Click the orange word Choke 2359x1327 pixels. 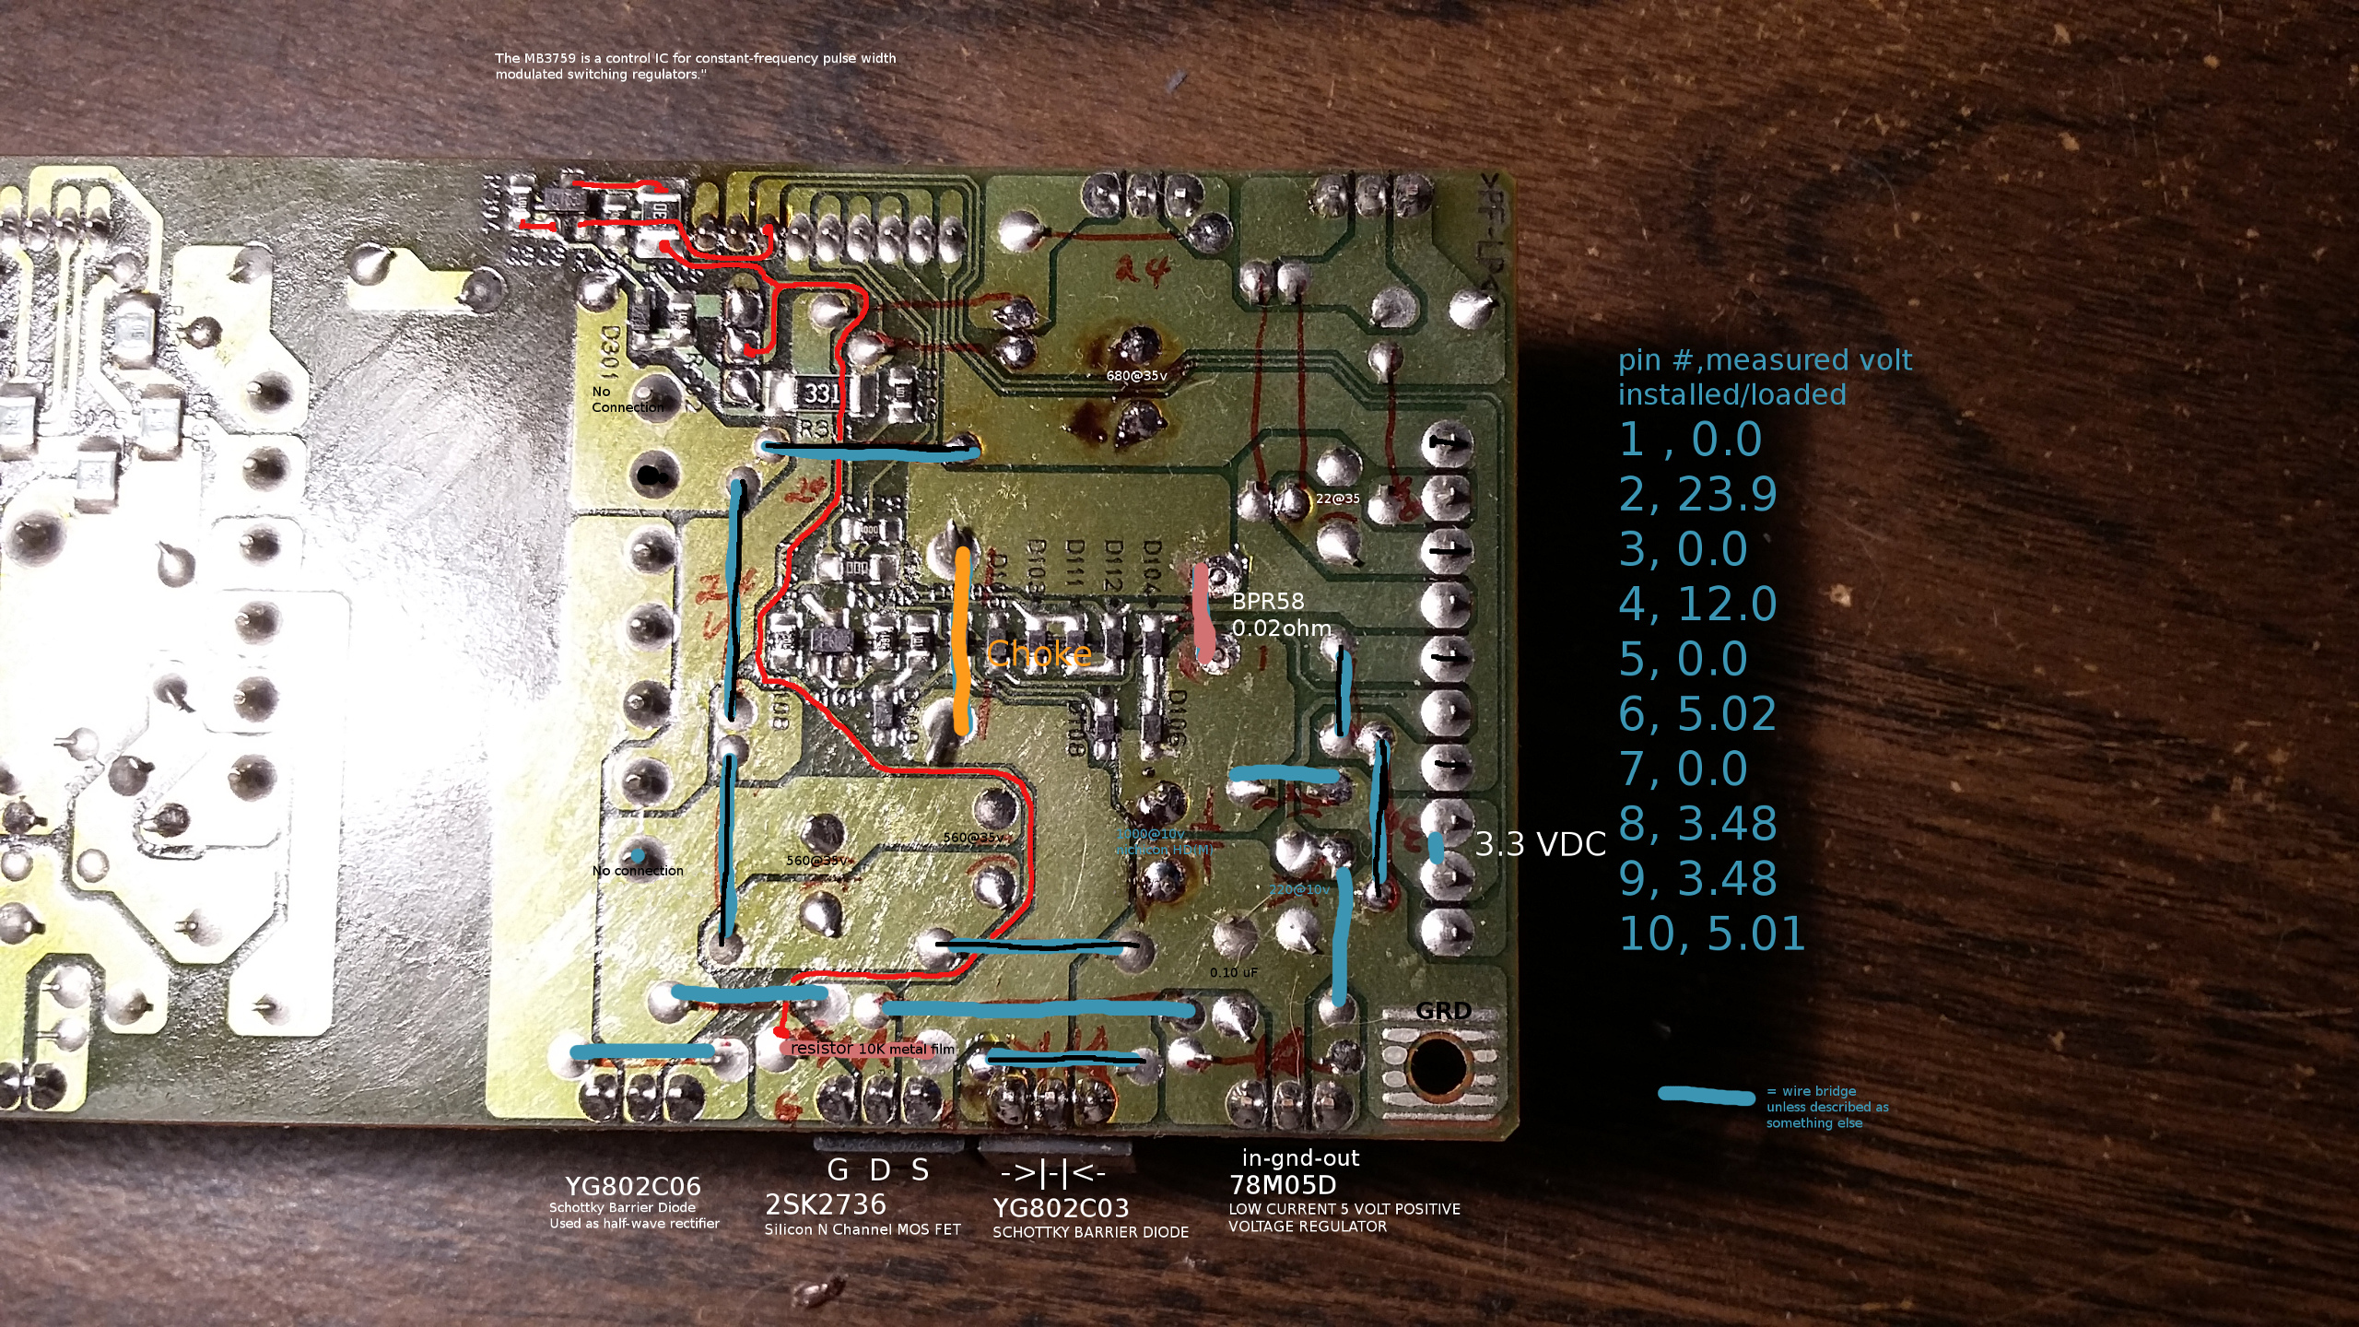point(1039,654)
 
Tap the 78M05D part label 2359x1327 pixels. point(1283,1185)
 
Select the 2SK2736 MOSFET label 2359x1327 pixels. point(825,1204)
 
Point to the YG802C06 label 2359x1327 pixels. point(632,1186)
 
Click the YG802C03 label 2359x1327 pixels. point(1060,1207)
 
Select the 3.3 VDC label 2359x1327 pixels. point(1540,844)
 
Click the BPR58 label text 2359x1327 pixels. point(1268,601)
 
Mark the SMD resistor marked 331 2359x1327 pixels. point(822,393)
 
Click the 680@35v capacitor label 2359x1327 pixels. point(1136,376)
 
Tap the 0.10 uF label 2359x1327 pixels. point(1233,972)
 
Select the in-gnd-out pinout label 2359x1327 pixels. point(1300,1158)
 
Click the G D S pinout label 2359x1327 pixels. point(878,1170)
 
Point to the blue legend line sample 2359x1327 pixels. point(1706,1096)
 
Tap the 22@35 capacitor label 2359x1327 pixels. point(1337,499)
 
